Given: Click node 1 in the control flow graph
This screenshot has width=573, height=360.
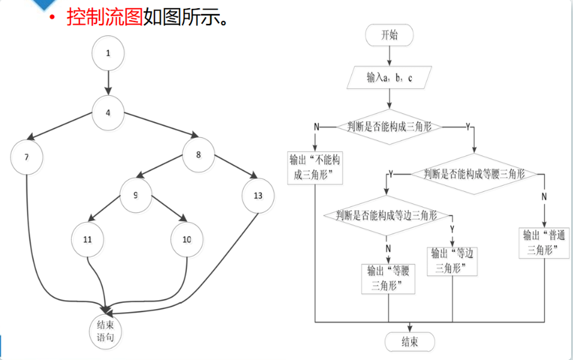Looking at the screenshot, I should tap(108, 53).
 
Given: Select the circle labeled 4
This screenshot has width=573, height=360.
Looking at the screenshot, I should tap(108, 113).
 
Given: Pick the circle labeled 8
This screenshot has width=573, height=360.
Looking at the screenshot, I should tap(199, 154).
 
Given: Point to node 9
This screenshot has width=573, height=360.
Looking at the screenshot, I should tap(135, 195).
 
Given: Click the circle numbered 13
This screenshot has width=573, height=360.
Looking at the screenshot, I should tap(258, 195).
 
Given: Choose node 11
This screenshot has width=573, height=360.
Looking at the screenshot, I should tap(87, 239).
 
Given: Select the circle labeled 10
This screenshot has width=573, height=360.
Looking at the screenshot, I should tap(187, 239).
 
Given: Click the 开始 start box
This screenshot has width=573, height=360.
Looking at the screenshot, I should tap(390, 35).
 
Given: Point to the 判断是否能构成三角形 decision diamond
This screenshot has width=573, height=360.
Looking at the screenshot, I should tap(390, 127).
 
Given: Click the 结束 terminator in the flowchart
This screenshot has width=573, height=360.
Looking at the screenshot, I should tap(410, 342).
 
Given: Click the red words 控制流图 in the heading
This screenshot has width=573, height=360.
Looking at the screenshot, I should tap(105, 17).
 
